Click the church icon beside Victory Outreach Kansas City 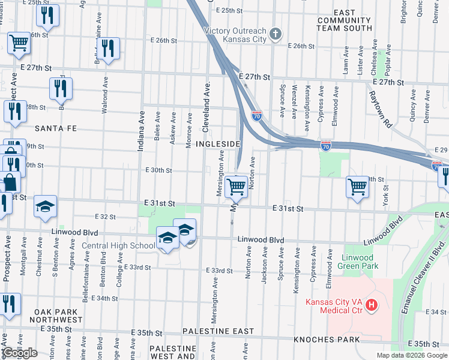276,33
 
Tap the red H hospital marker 372,305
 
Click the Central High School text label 118,245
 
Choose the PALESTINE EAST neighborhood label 218,331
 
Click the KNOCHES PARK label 327,340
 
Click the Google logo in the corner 20,353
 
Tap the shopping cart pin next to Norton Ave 237,186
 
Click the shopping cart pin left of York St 357,186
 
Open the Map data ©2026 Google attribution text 411,355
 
